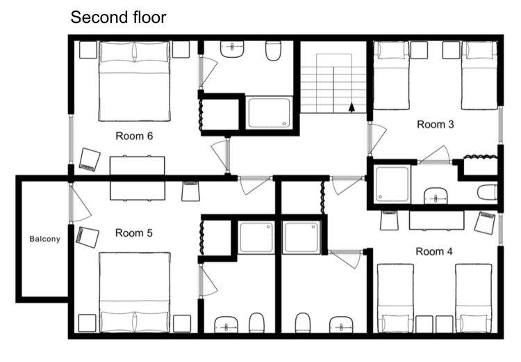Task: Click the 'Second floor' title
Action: (x=118, y=17)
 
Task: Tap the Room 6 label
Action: (x=134, y=136)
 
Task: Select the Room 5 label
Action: (x=134, y=233)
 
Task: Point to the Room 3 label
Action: (x=436, y=125)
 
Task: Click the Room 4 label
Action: (x=434, y=251)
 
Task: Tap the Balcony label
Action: (x=45, y=239)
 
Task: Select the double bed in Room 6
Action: (x=135, y=81)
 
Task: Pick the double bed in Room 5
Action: (x=135, y=292)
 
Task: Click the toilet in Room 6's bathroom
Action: (x=273, y=51)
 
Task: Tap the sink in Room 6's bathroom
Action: (x=232, y=49)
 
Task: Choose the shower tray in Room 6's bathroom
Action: (x=269, y=113)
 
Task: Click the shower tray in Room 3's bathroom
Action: (x=392, y=184)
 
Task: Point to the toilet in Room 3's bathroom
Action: (x=487, y=193)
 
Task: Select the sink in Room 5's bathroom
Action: (x=226, y=324)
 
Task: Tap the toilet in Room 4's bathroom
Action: (x=302, y=322)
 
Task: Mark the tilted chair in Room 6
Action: (x=90, y=159)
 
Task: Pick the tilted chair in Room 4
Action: (x=485, y=222)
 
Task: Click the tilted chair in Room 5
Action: (x=88, y=237)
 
